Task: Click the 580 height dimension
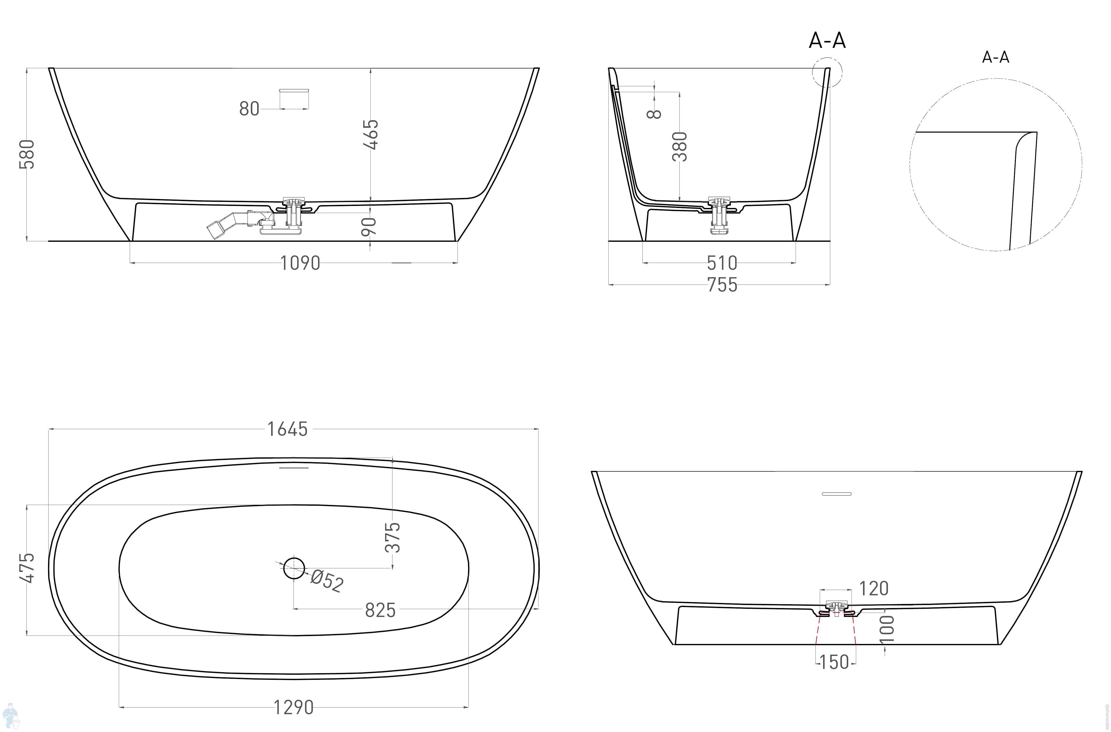point(27,154)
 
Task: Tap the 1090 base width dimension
point(300,263)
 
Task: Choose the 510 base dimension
point(722,263)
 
